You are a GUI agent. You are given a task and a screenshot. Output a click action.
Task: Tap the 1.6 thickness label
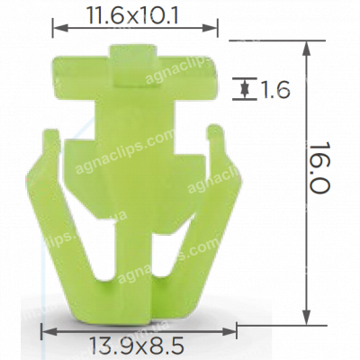274,89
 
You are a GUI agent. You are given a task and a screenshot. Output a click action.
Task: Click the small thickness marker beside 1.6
243,88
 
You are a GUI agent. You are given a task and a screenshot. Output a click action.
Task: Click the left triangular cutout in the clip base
105,261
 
